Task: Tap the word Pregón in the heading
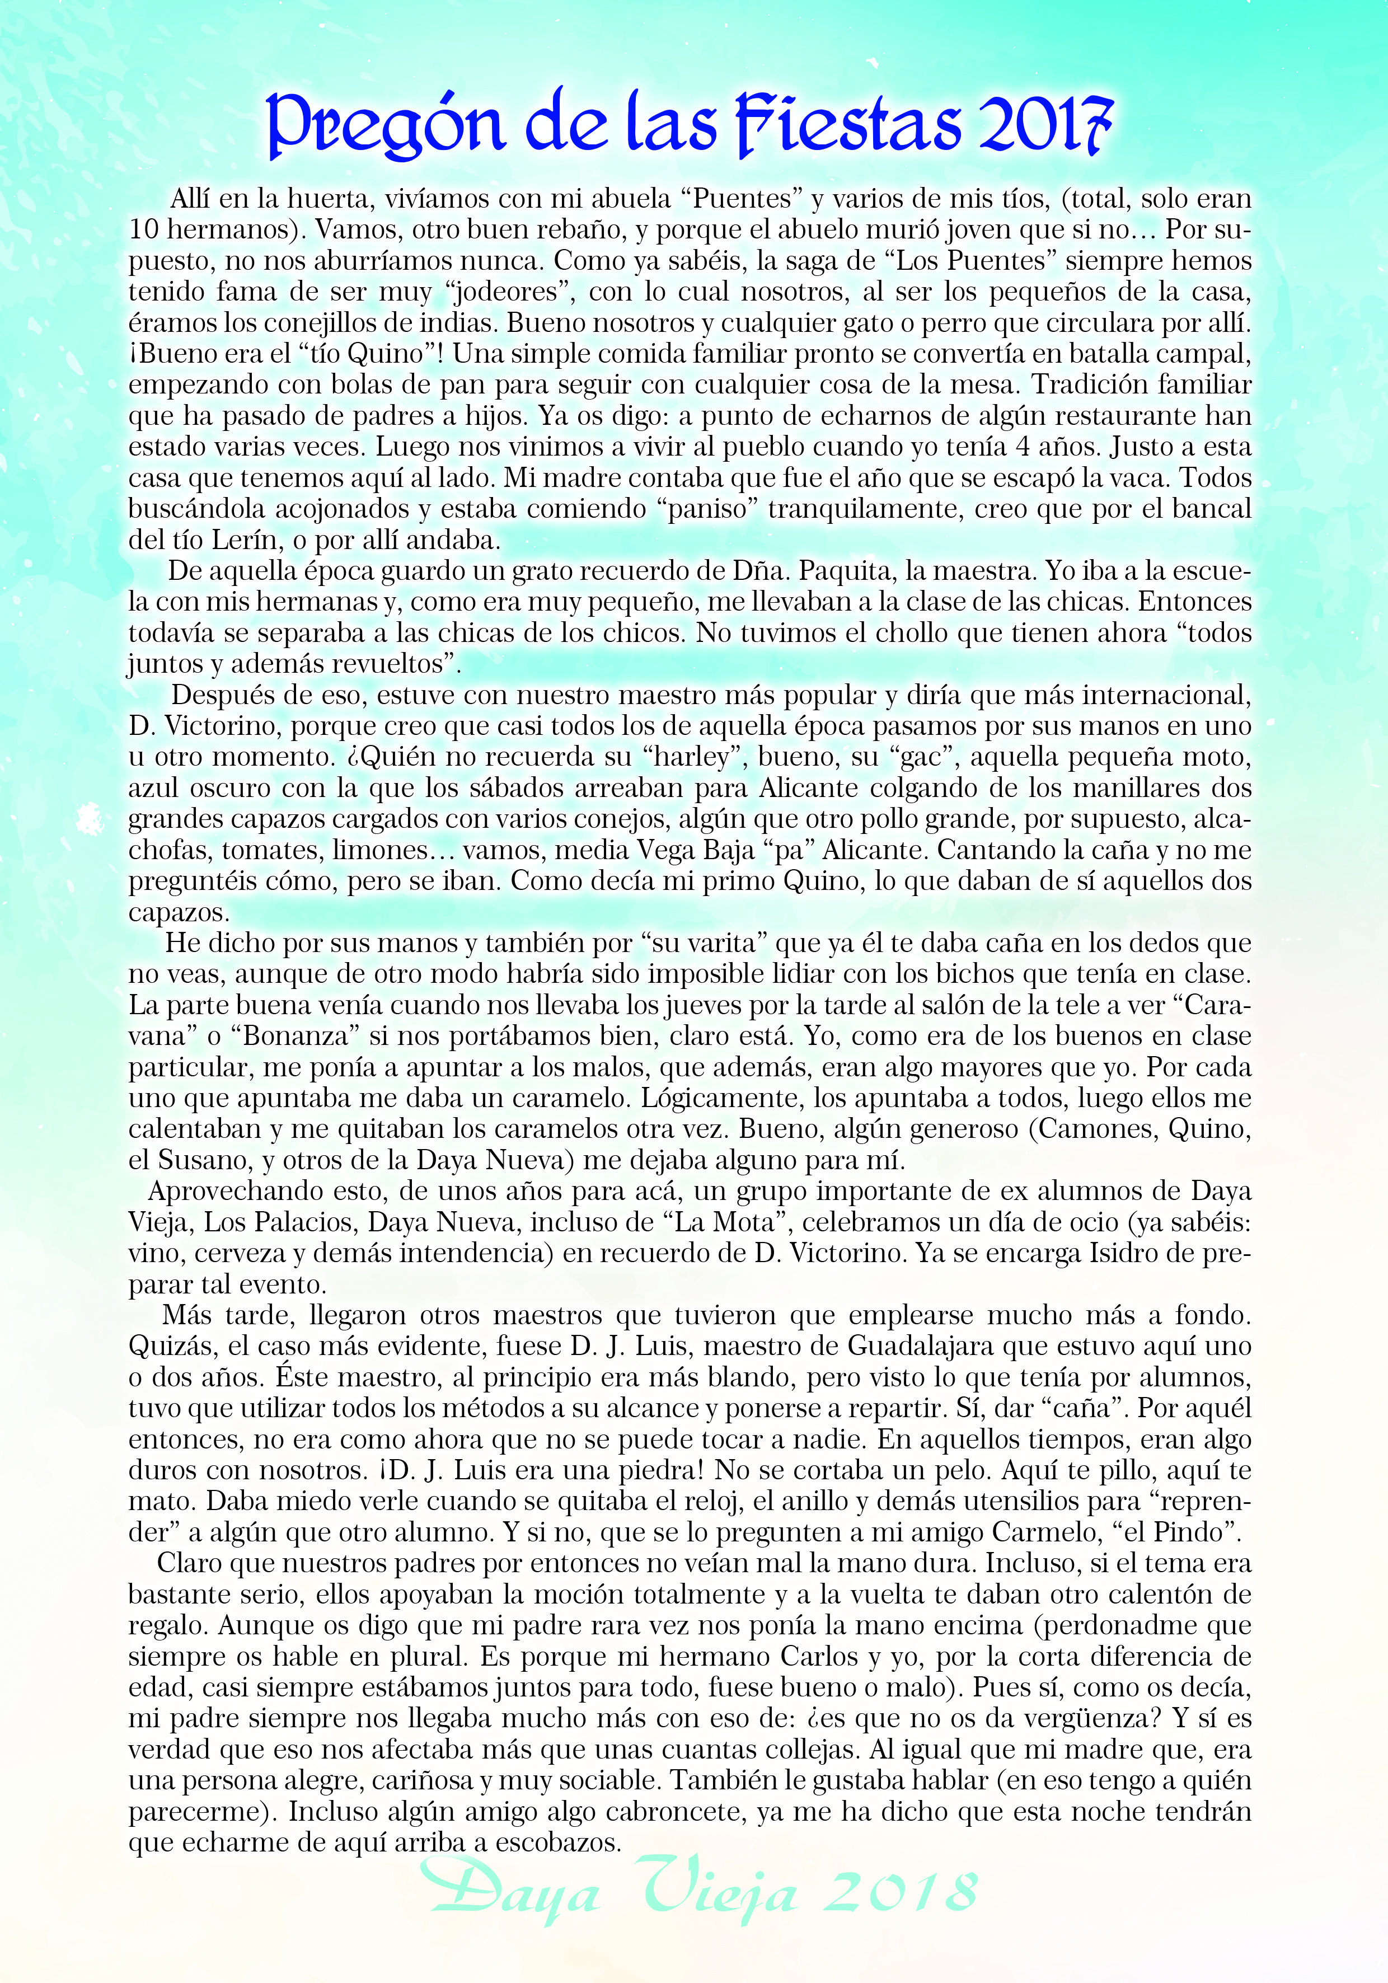coord(384,125)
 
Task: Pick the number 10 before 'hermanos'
coord(143,229)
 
